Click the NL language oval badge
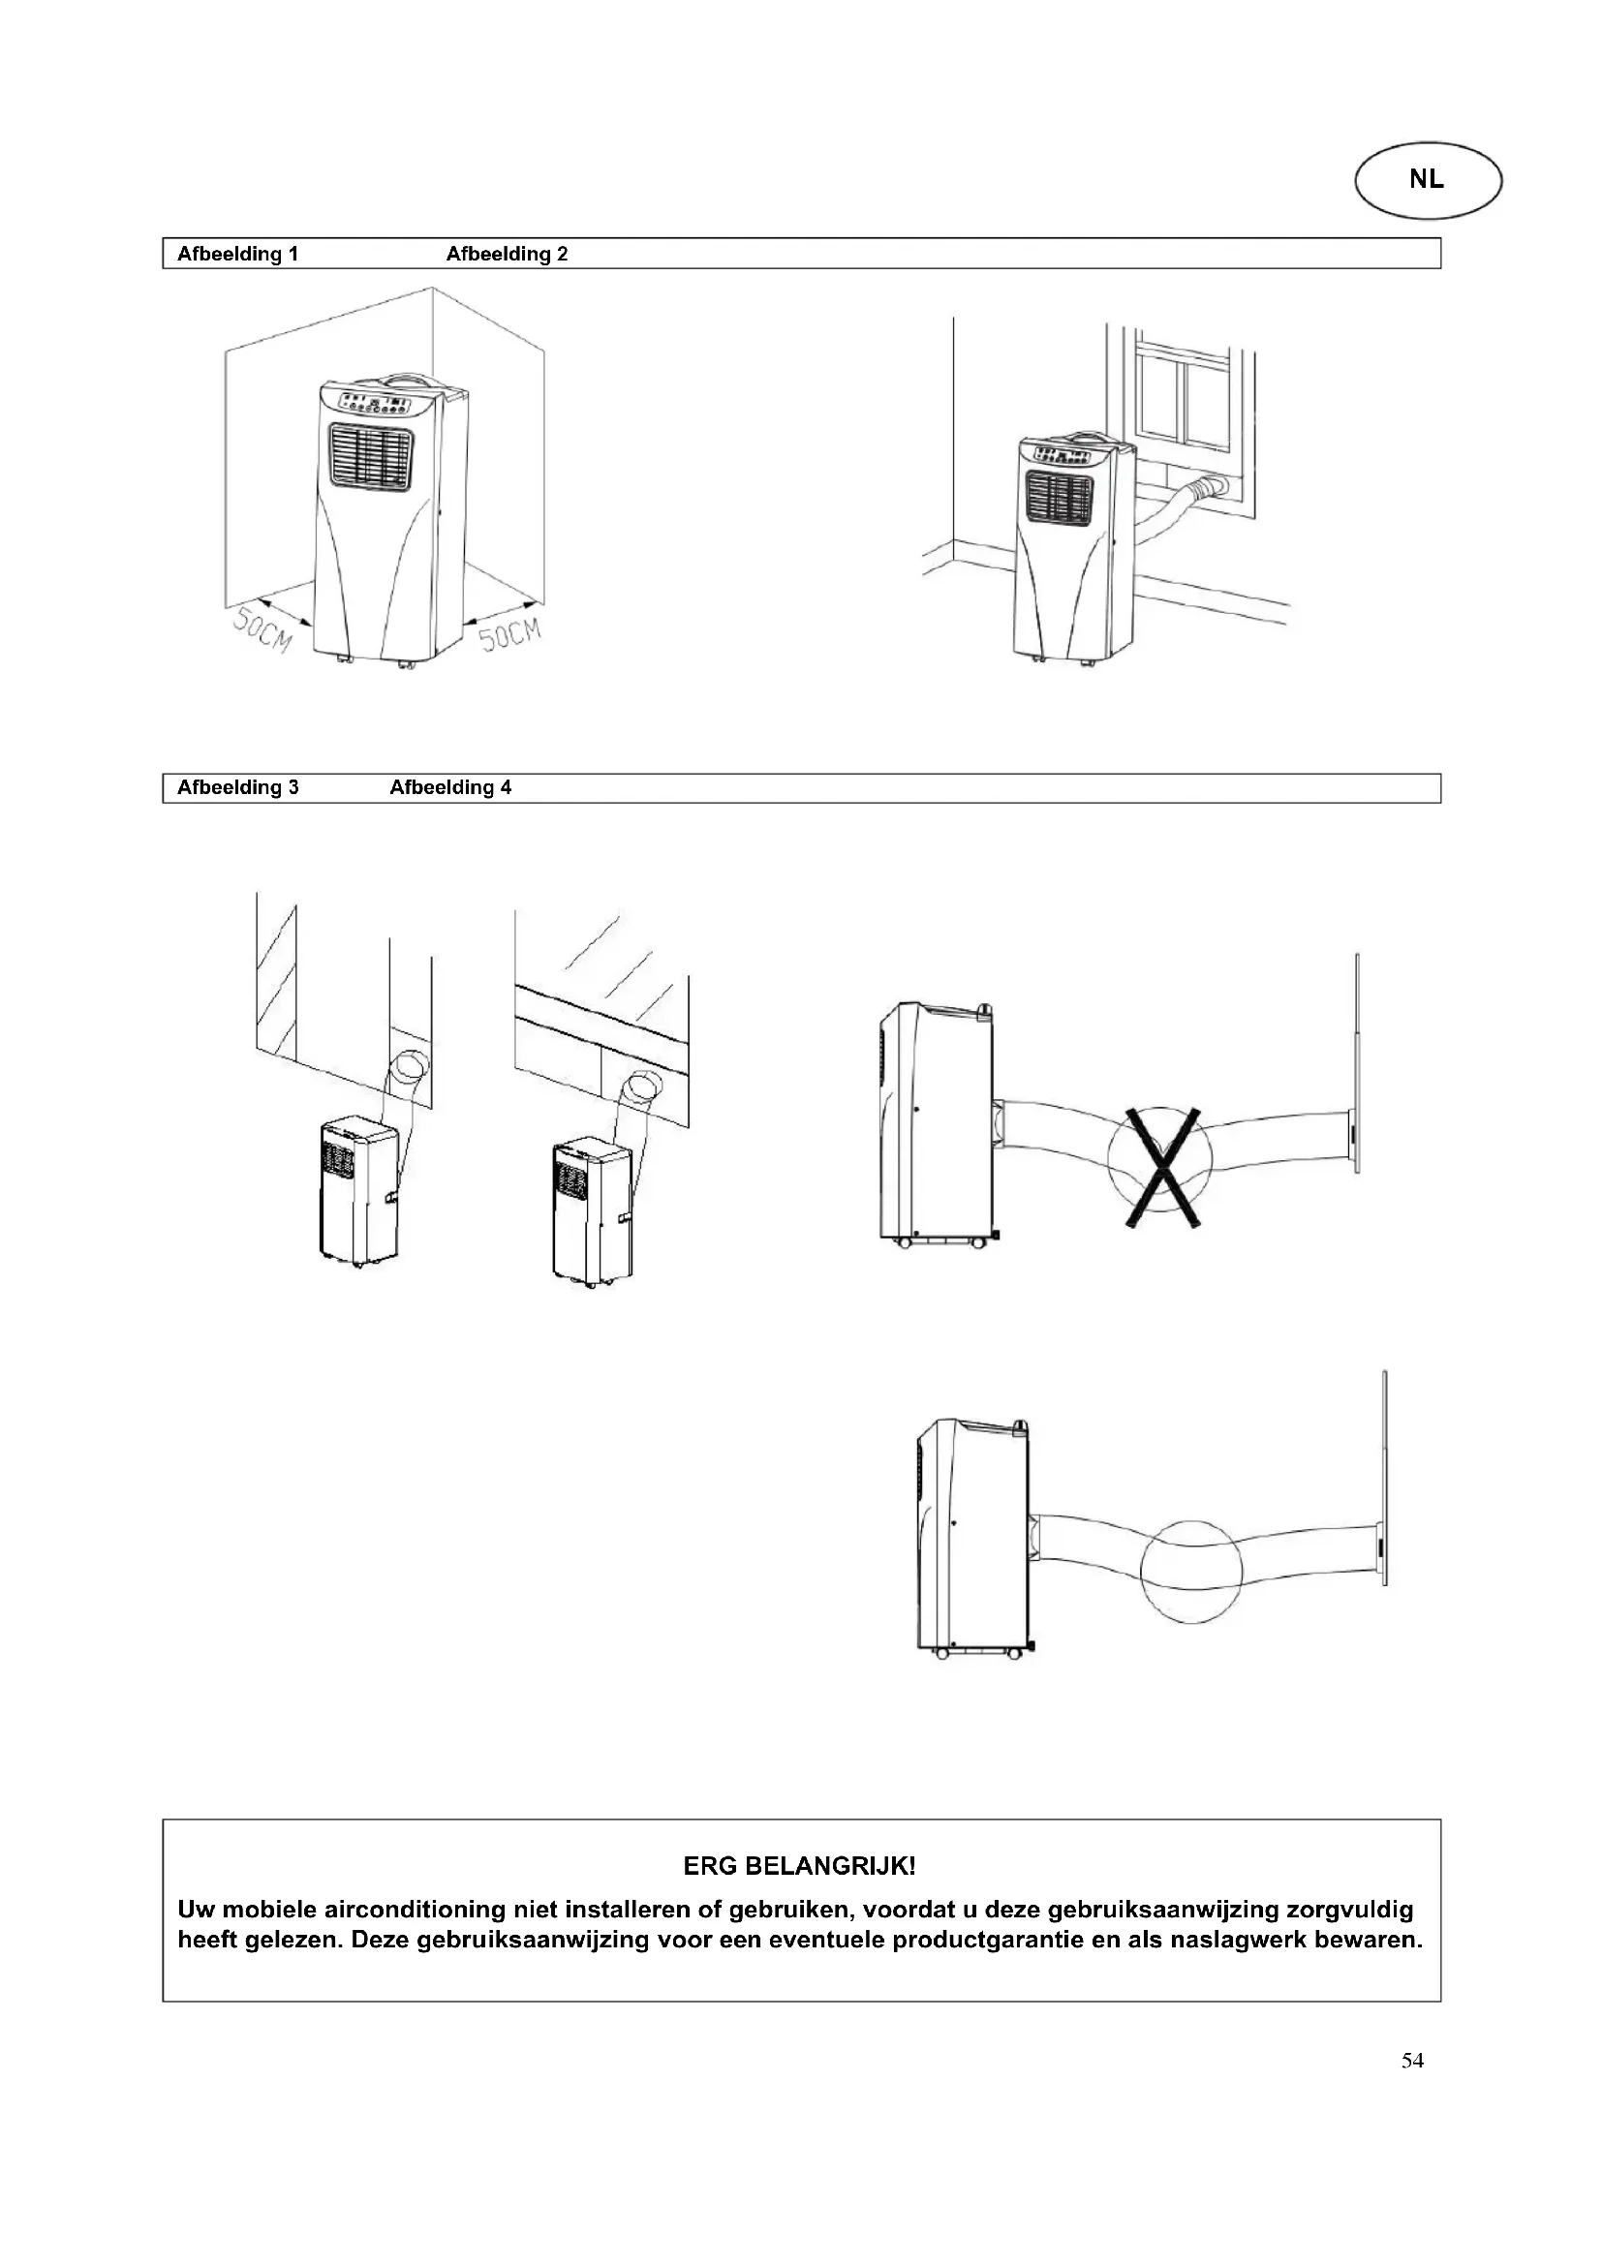[x=1428, y=180]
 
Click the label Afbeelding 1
[x=237, y=254]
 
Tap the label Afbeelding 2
[x=507, y=254]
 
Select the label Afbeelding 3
[x=237, y=787]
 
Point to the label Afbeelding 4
[x=450, y=787]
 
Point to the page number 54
[x=1411, y=2060]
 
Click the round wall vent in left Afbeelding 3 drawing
[x=410, y=1067]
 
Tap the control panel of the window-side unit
[x=1063, y=456]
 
